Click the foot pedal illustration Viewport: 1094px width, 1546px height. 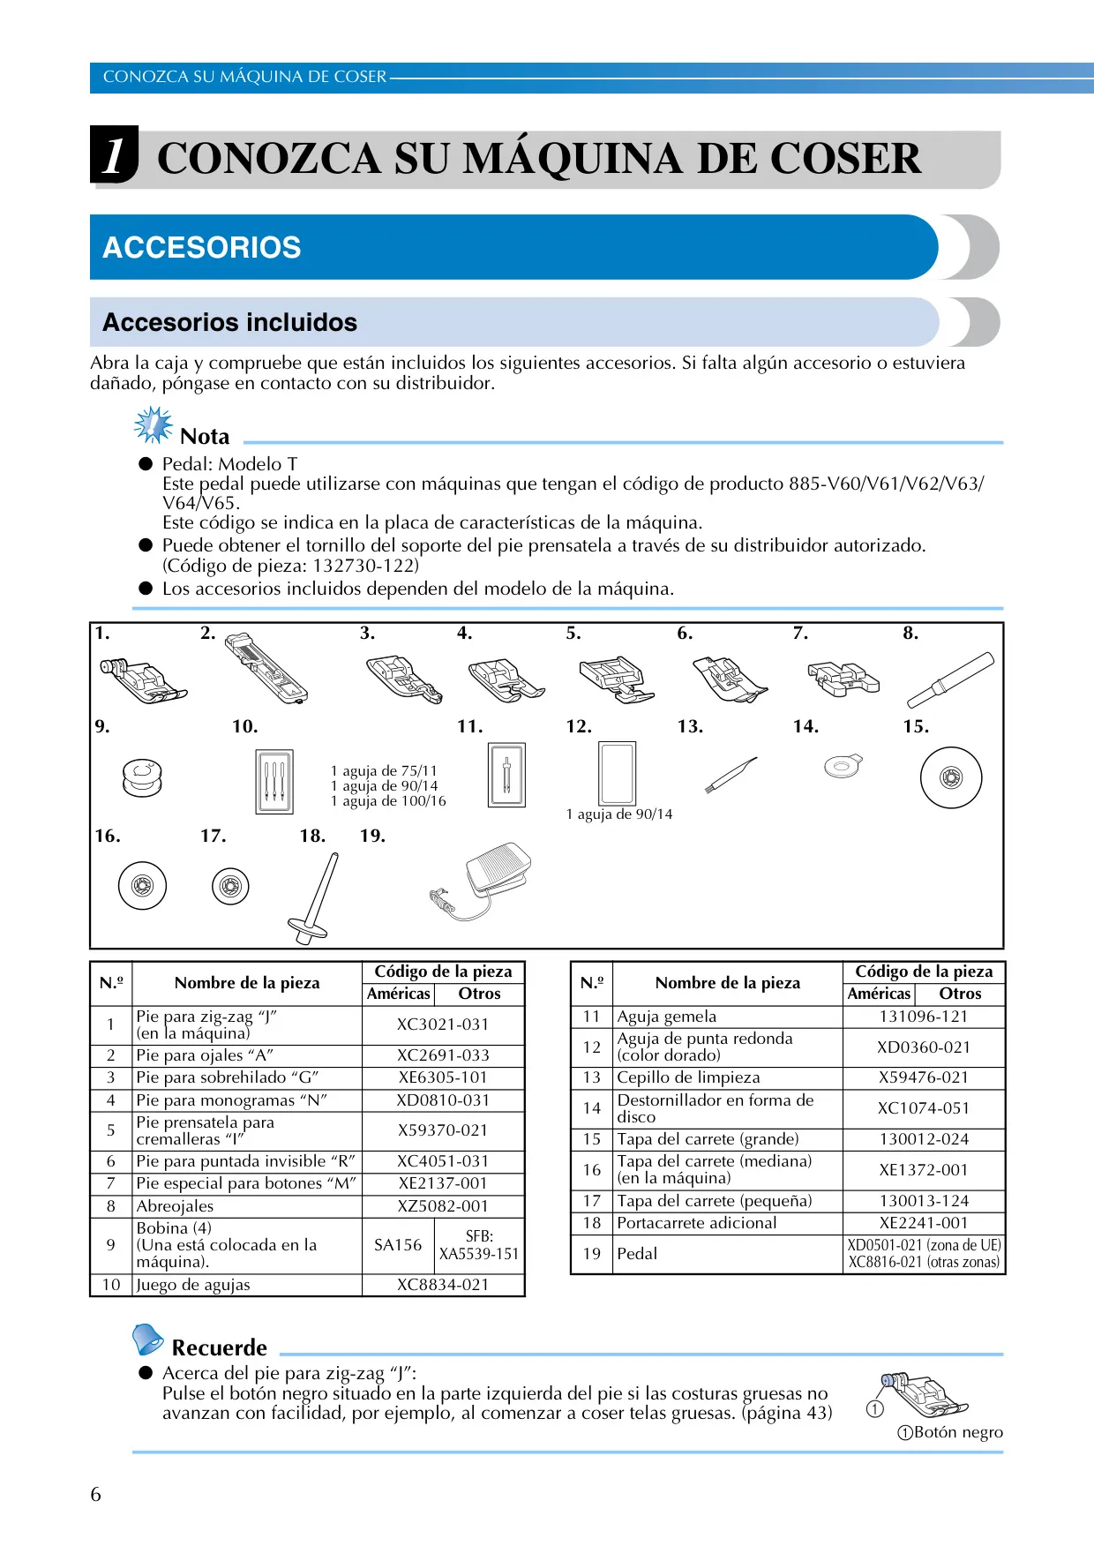[x=481, y=882]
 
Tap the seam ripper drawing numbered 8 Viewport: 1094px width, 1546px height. [x=950, y=679]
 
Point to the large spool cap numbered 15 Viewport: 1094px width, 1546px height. [x=950, y=777]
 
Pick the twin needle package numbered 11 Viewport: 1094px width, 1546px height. [x=506, y=775]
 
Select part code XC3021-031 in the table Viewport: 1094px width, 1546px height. [x=443, y=1024]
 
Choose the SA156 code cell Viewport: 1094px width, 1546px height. [x=398, y=1245]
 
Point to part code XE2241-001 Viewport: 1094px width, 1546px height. [x=924, y=1223]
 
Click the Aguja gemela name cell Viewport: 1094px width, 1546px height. [x=667, y=1017]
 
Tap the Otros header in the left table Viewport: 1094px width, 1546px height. [x=479, y=994]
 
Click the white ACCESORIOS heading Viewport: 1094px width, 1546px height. [x=202, y=247]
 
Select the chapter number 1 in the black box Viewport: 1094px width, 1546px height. [x=114, y=156]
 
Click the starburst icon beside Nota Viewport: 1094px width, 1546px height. [x=154, y=425]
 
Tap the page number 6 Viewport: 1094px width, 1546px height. [x=95, y=1494]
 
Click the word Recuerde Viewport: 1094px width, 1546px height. [x=220, y=1347]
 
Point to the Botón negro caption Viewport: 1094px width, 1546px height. [x=950, y=1432]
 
